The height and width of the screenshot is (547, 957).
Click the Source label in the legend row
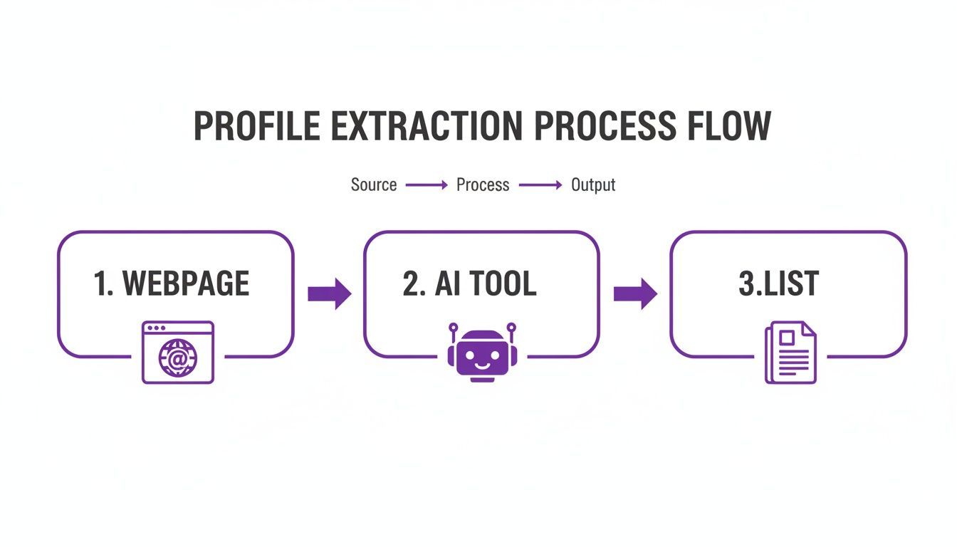[373, 185]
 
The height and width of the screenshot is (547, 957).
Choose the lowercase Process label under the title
[483, 185]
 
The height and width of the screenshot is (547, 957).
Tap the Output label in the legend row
[593, 185]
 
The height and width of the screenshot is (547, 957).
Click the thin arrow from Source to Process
[427, 185]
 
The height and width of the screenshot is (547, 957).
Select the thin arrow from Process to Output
[540, 185]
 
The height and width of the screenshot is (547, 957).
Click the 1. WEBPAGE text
[172, 283]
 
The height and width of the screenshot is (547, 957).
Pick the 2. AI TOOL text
[469, 283]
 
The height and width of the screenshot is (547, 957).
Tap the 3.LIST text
[778, 283]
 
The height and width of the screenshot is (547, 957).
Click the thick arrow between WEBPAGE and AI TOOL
[329, 293]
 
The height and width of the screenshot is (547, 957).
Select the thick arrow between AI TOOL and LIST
[635, 293]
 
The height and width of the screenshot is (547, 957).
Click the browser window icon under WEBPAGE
[177, 353]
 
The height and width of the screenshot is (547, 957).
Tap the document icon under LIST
[790, 353]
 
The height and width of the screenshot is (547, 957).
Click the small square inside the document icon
[786, 338]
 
